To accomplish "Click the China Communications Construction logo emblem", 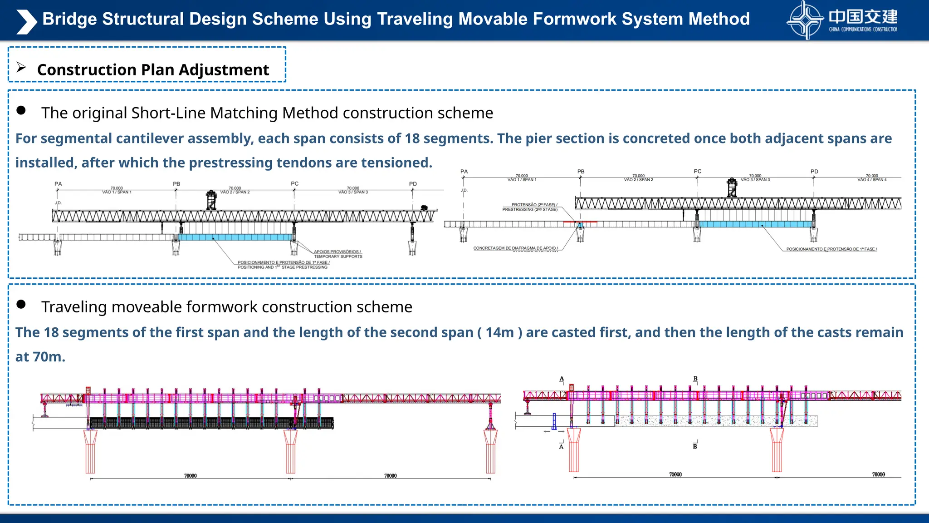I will (x=805, y=20).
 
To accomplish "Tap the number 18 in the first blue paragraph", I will (x=412, y=138).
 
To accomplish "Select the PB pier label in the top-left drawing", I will (x=176, y=184).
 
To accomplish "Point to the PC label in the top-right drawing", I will (x=697, y=172).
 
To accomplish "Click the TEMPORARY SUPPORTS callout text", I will (x=338, y=257).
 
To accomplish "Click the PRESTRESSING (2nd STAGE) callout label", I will (x=530, y=210).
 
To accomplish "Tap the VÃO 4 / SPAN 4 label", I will (x=872, y=180).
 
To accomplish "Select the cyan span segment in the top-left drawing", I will (x=236, y=237).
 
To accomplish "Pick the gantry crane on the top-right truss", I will (x=732, y=187).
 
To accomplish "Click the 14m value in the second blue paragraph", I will (x=499, y=333).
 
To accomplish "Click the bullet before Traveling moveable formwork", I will (x=21, y=304).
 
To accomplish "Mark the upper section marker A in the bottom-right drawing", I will (x=562, y=379).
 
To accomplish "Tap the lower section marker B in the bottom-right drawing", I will (x=695, y=447).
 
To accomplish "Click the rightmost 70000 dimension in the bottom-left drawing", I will (x=390, y=476).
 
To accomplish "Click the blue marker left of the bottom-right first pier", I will (x=554, y=421).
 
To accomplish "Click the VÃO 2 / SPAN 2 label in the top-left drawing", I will (x=235, y=192).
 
